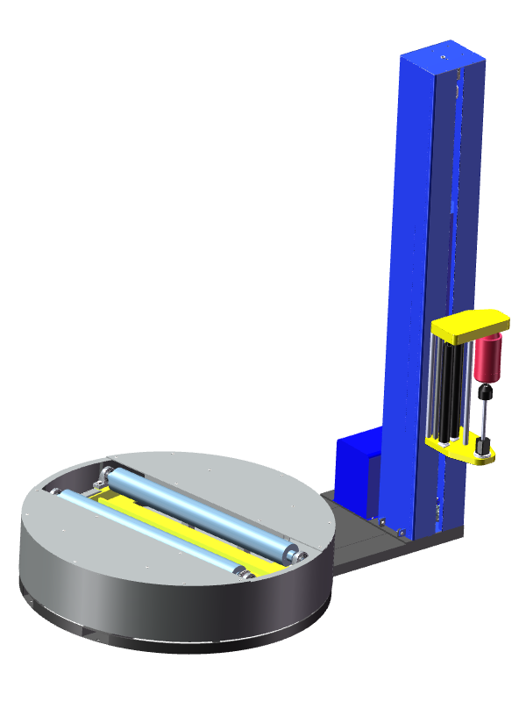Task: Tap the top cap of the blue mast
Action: click(x=442, y=57)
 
